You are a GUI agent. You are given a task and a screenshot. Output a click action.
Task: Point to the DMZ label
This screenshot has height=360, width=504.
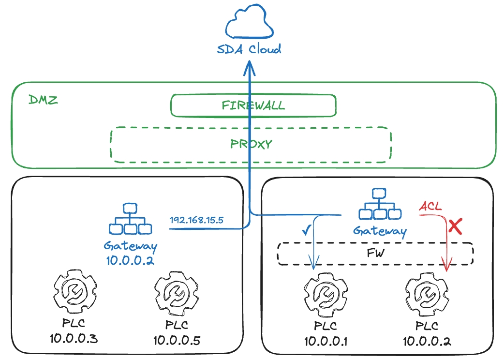coord(43,100)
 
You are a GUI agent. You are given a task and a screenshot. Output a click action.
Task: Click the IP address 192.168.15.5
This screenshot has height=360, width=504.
coord(196,220)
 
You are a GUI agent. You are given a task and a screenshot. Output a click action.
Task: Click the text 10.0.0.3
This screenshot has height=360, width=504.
coord(74,338)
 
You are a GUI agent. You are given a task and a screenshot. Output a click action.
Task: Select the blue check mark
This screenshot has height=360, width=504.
coord(306,230)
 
